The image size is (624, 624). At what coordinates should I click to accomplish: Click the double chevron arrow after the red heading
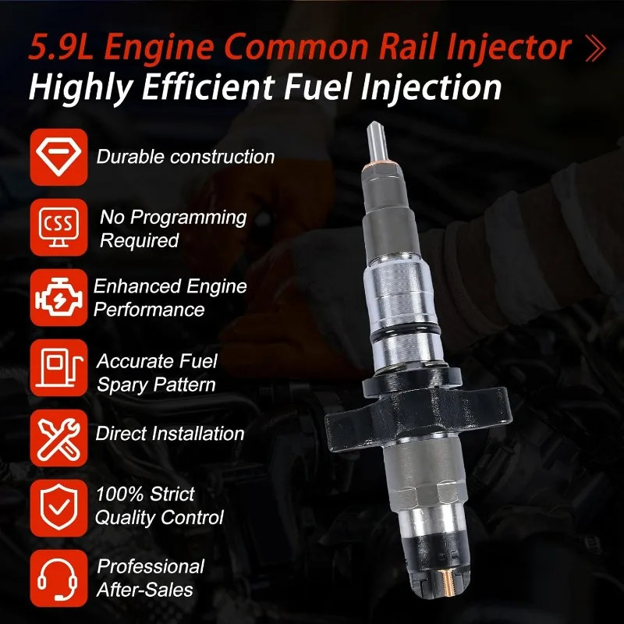pyautogui.click(x=596, y=48)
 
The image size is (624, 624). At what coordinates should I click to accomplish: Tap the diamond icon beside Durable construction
pyautogui.click(x=58, y=157)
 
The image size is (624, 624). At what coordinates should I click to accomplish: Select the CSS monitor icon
pyautogui.click(x=58, y=227)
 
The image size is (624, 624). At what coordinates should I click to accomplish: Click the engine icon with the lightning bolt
pyautogui.click(x=58, y=297)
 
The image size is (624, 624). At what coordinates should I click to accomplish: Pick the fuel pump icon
pyautogui.click(x=58, y=367)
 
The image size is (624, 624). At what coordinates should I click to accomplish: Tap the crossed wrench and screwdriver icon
pyautogui.click(x=58, y=438)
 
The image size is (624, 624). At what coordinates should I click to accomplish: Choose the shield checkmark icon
pyautogui.click(x=58, y=509)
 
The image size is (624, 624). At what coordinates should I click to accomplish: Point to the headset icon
pyautogui.click(x=58, y=578)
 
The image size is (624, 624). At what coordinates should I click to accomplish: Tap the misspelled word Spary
pyautogui.click(x=122, y=385)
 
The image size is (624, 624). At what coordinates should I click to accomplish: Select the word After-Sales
pyautogui.click(x=145, y=590)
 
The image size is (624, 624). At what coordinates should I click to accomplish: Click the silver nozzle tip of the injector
pyautogui.click(x=377, y=143)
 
